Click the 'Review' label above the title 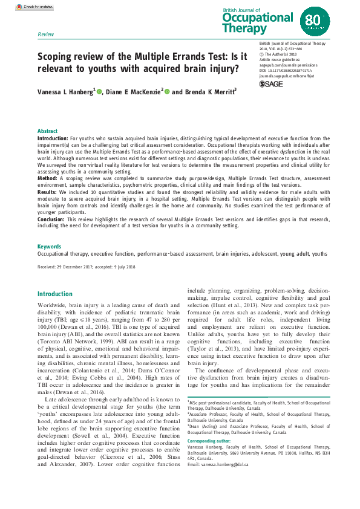[45, 35]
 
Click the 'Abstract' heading [48, 131]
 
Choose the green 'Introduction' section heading [55, 294]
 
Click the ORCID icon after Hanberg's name [99, 92]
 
